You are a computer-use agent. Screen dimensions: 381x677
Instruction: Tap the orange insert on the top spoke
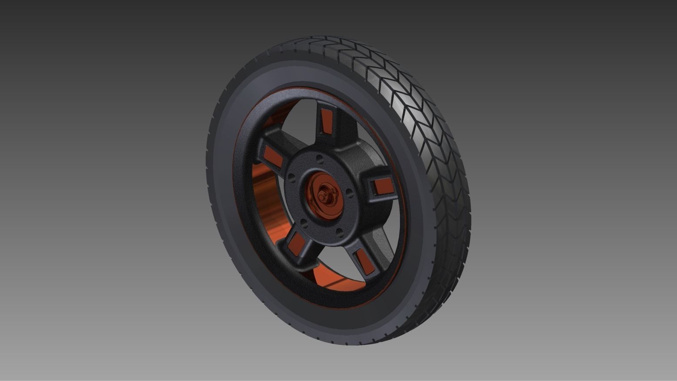pyautogui.click(x=326, y=121)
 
